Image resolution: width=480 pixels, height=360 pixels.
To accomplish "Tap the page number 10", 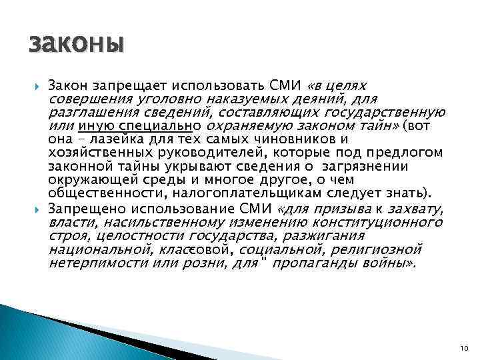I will [465, 349].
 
